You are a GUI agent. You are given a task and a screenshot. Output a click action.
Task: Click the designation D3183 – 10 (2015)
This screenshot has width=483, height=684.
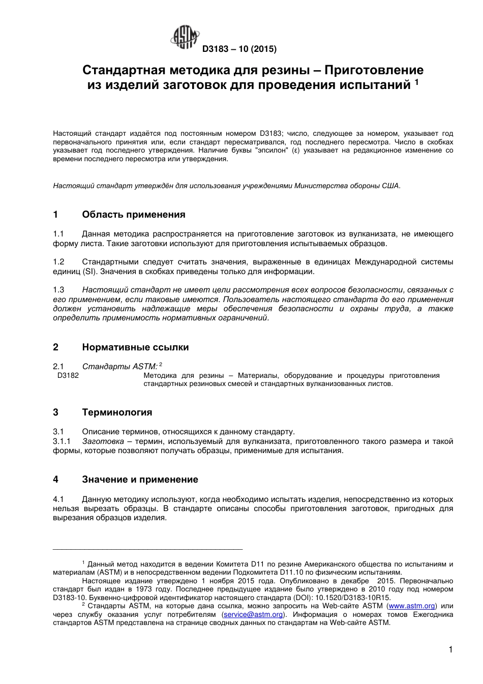[239, 49]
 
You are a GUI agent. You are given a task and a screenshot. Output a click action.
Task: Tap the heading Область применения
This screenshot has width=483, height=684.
[133, 215]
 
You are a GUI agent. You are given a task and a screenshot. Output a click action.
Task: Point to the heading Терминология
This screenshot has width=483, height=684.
[117, 412]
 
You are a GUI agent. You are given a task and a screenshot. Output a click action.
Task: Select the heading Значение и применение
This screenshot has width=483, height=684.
[140, 480]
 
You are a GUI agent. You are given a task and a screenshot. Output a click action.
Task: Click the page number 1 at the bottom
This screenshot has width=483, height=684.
[450, 649]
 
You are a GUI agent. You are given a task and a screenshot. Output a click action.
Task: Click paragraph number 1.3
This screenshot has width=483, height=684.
[59, 290]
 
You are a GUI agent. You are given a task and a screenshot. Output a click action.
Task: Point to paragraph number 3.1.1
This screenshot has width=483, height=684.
[62, 441]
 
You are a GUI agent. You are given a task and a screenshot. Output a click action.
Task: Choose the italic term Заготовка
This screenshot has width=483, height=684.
[103, 441]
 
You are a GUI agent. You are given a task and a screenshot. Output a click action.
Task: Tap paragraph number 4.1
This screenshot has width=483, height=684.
[59, 499]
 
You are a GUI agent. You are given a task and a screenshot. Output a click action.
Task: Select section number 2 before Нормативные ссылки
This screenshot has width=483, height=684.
[56, 347]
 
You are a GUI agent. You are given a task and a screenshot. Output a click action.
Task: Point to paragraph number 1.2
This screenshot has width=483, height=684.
[59, 262]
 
